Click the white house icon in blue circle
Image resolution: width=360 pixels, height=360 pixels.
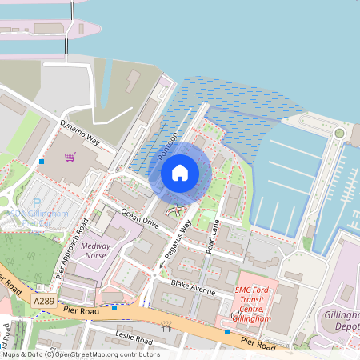[x=180, y=173]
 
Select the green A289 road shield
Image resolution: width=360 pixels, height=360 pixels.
[x=46, y=299]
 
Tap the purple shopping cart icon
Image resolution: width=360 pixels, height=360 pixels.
[x=70, y=156]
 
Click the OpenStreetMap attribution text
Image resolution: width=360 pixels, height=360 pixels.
[x=80, y=354]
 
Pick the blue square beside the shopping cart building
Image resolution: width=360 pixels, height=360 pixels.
[x=42, y=162]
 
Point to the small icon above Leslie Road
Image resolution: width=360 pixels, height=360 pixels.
[x=166, y=326]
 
